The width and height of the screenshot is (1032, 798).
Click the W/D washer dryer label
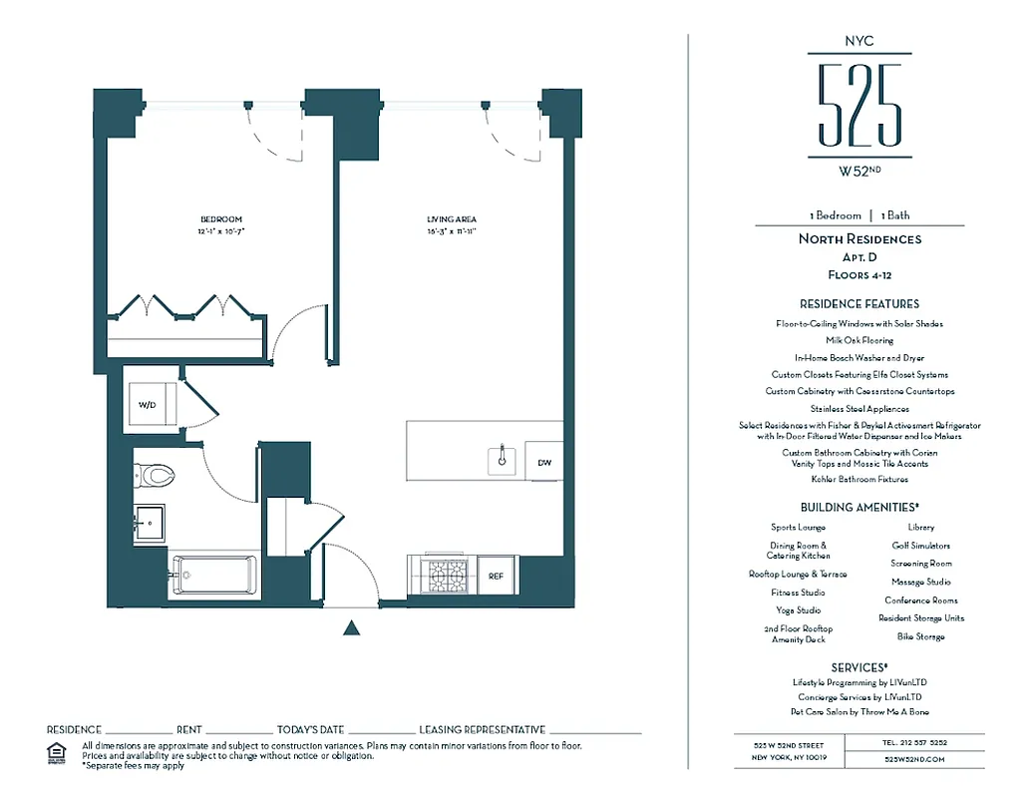pos(148,406)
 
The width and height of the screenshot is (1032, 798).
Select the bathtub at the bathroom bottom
pos(213,576)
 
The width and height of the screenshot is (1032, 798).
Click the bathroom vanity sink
pos(151,521)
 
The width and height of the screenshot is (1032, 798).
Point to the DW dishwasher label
pos(543,463)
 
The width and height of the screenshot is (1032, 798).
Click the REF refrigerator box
pos(496,576)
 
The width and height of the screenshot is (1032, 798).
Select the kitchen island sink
pos(503,460)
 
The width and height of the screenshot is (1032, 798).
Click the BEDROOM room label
pos(220,219)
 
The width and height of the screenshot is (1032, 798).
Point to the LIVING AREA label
pos(452,219)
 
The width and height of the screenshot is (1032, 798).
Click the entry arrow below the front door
pos(351,627)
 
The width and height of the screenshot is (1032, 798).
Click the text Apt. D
pos(859,256)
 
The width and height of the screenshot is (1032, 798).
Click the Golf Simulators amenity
pos(920,546)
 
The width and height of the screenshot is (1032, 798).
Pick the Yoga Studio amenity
pos(798,610)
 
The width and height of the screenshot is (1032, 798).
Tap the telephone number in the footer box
pos(914,742)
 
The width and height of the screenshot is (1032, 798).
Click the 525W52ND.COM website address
pos(914,759)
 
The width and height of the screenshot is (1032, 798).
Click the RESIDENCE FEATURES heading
pos(859,303)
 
